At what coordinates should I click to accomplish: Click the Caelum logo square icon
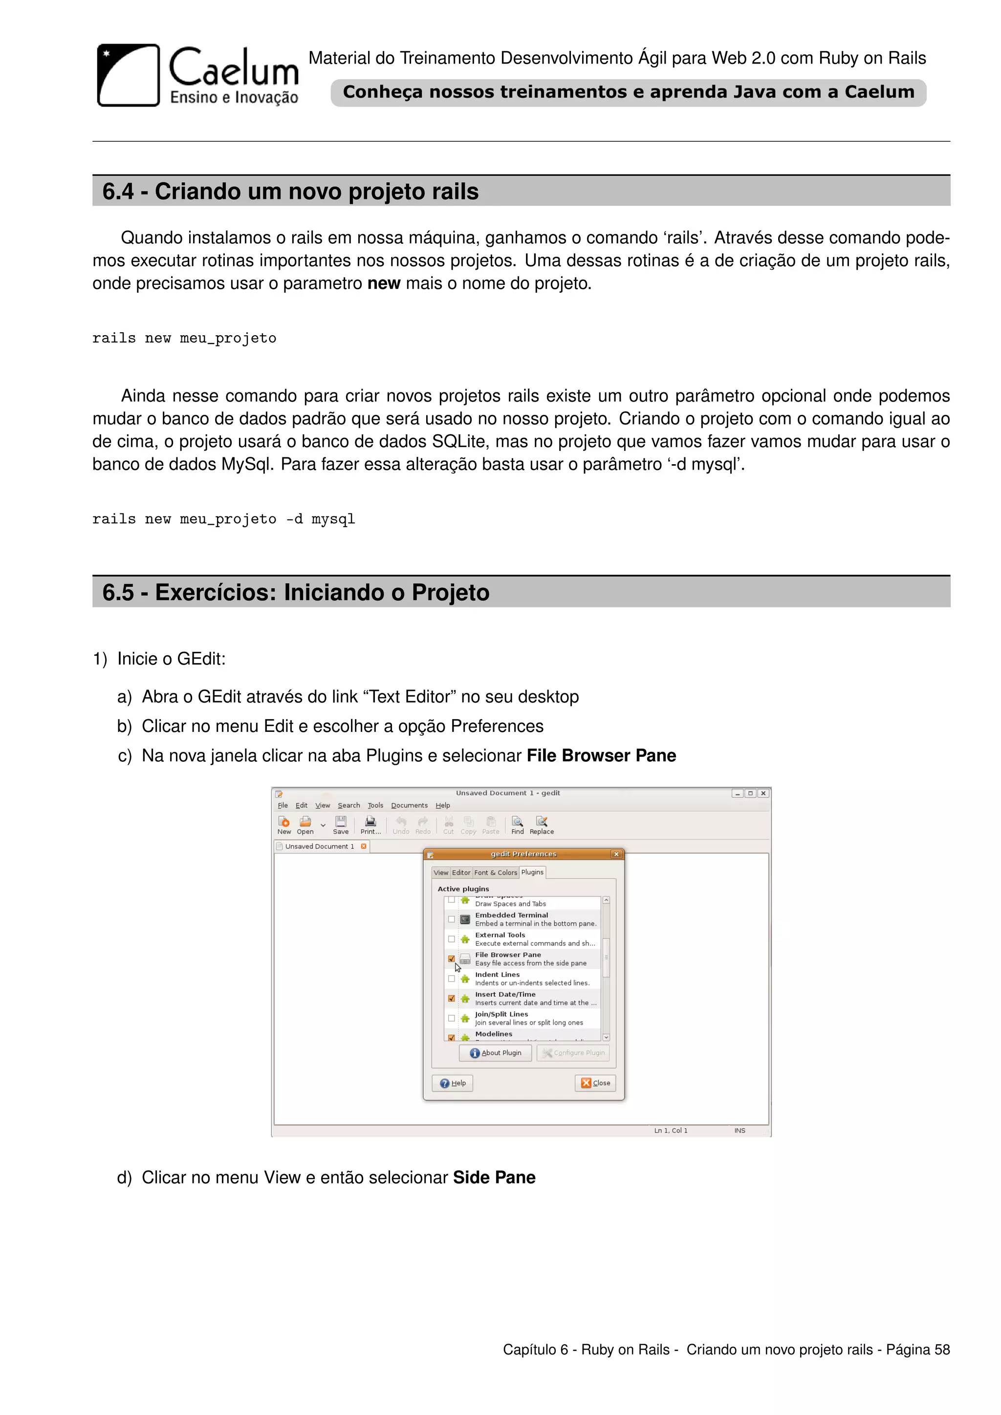tap(128, 75)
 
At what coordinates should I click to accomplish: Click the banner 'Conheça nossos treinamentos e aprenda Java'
tap(628, 92)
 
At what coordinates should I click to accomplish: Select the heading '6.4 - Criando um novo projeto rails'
tap(290, 192)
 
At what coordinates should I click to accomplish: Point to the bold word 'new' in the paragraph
tap(383, 283)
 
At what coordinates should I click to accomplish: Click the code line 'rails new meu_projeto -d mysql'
tap(223, 519)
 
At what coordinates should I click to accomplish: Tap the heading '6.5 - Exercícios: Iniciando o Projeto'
tap(295, 593)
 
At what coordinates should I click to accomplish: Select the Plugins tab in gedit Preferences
tap(532, 872)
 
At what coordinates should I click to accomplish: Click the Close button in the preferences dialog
tap(595, 1083)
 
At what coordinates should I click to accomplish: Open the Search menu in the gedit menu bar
tap(348, 806)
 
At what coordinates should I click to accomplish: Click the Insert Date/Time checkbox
tap(451, 998)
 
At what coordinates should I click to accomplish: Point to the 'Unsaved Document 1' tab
tap(319, 846)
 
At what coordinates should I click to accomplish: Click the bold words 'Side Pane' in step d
tap(494, 1178)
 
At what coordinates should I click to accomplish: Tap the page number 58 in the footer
tap(942, 1350)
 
